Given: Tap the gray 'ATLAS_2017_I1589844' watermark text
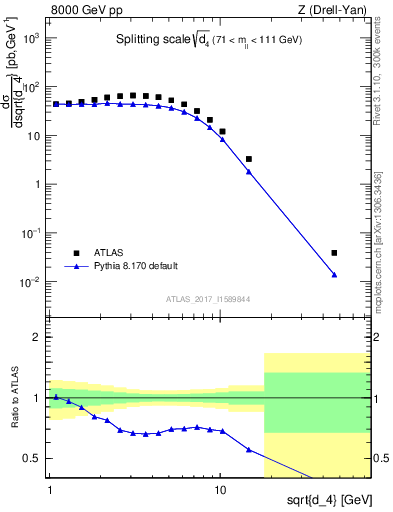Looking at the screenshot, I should tap(207, 299).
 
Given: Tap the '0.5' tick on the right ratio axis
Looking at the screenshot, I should tap(380, 459).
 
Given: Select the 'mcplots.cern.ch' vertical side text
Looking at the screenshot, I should tap(379, 260).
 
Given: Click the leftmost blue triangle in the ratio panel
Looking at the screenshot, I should tap(56, 397).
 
